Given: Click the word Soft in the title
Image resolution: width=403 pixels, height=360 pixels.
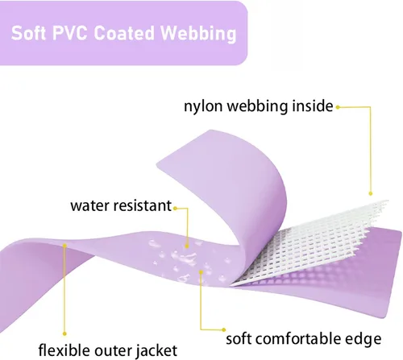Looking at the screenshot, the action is [x=28, y=33].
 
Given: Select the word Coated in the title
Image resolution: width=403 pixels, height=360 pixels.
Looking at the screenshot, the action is [x=124, y=33].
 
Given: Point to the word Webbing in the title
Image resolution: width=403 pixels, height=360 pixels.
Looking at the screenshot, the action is [x=198, y=34].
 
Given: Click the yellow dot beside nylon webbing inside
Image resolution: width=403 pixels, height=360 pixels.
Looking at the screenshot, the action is [x=338, y=107].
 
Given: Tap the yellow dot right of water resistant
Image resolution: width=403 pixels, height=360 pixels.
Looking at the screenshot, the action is [x=175, y=209].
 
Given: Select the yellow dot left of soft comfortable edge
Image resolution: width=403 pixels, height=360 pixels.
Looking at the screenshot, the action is [x=223, y=329].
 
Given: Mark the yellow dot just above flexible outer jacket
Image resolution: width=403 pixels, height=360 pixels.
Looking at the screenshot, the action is [x=64, y=333].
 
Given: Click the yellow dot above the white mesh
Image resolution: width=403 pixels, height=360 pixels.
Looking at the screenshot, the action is [x=371, y=193].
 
